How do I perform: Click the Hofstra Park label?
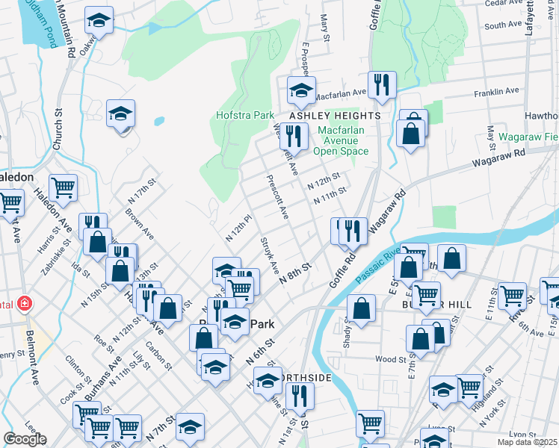tap(244, 116)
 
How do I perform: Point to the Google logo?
tap(25, 438)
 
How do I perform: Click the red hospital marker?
tap(25, 303)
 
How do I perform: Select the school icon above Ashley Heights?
tap(301, 90)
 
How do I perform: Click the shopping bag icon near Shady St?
tap(361, 308)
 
